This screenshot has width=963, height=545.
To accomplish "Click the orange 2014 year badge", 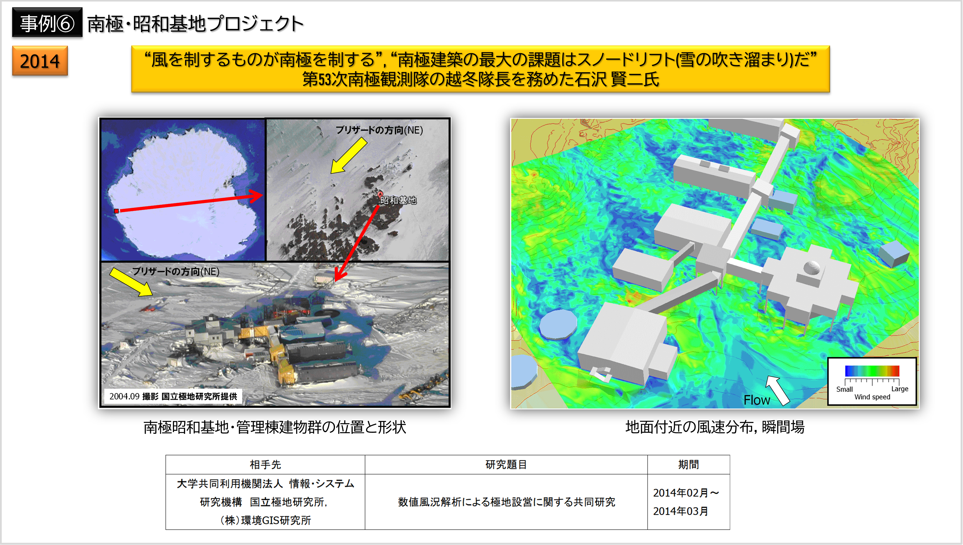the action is point(40,61).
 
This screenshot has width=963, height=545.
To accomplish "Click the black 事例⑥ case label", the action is point(47,22).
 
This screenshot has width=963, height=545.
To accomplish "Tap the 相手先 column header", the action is point(265,465).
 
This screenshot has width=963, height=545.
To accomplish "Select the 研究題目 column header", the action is point(506,465).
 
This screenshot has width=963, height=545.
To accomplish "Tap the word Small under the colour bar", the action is point(844,389).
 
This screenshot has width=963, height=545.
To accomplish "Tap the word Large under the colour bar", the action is point(900,389).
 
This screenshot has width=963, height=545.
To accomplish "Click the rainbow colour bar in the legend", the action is point(872,371).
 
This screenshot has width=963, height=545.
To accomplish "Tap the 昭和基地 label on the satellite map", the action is point(398,200).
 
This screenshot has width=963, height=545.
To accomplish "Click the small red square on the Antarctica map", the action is point(116,211).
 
